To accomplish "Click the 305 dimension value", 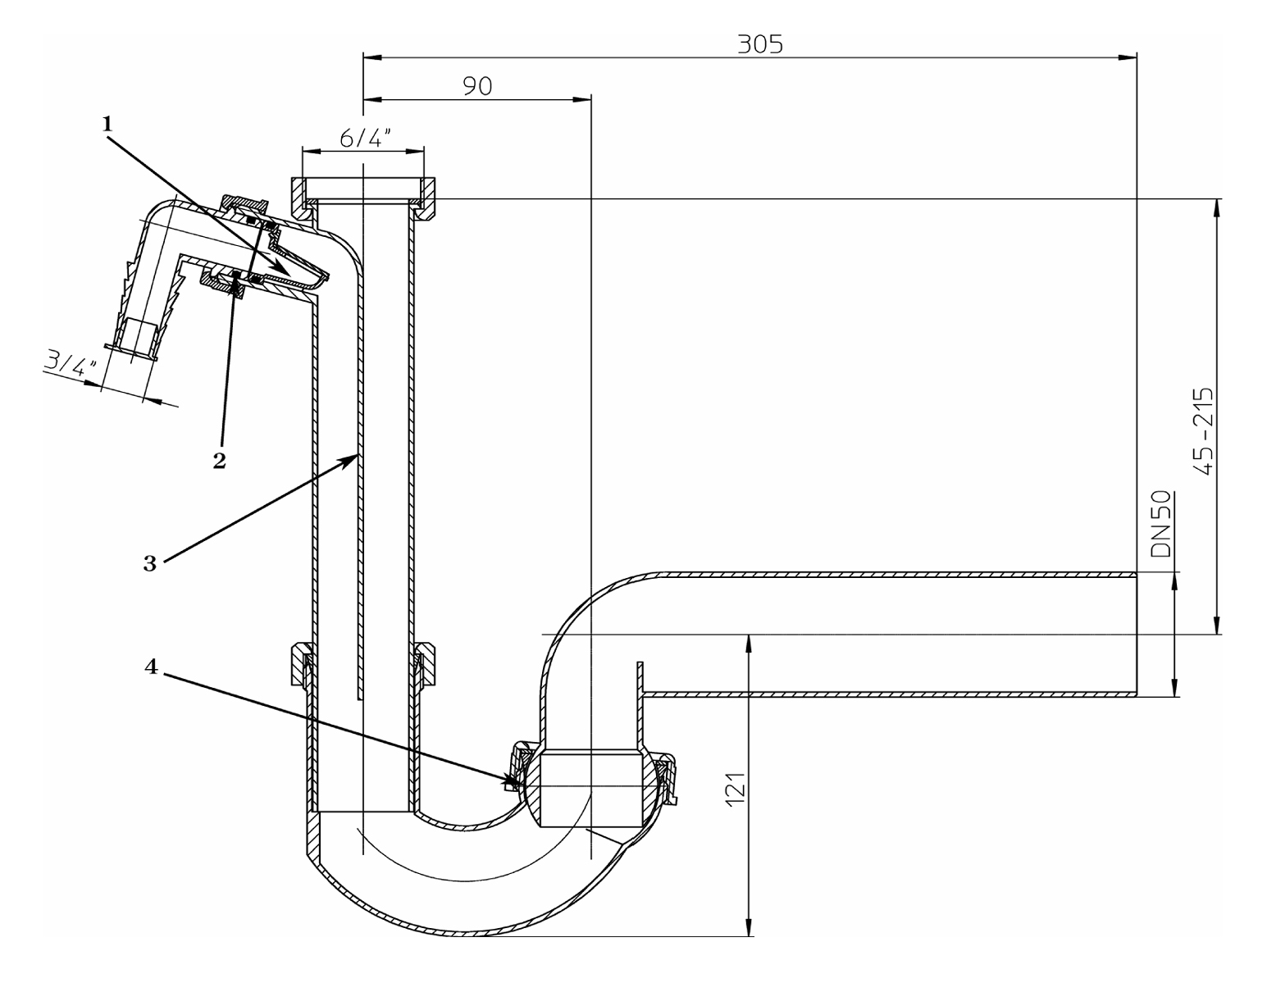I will click(759, 43).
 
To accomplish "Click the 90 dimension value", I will click(477, 85).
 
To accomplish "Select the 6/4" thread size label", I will click(363, 138).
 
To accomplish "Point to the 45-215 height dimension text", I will click(1204, 431).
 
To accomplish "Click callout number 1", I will click(106, 124).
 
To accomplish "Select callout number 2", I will click(219, 461).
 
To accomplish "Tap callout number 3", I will click(150, 564).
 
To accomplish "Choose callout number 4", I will click(150, 667).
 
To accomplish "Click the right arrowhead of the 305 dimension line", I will click(1129, 57).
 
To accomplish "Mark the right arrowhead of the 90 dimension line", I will click(584, 99).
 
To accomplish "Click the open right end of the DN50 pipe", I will click(1136, 634).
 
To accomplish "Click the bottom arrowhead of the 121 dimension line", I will click(748, 929).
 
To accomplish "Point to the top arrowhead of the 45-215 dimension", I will click(1217, 207).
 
